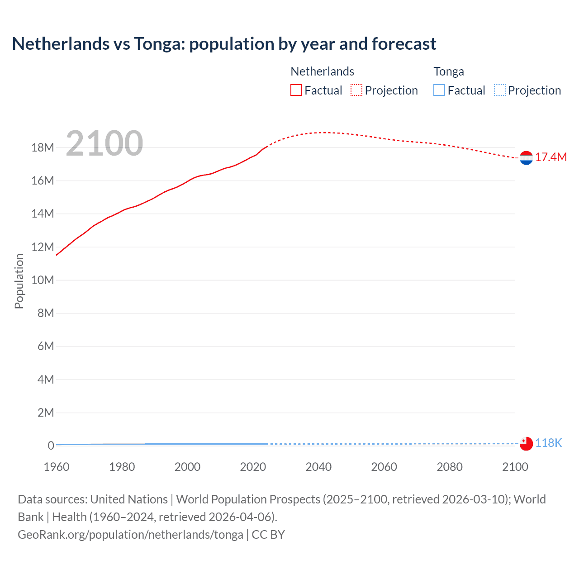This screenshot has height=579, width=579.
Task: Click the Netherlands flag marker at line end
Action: click(x=526, y=158)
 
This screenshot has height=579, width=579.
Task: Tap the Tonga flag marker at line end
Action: click(x=526, y=444)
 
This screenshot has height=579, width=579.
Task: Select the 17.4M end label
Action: click(x=551, y=157)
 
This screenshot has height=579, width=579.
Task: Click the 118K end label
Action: click(x=548, y=443)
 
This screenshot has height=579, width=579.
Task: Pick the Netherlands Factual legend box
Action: click(x=296, y=90)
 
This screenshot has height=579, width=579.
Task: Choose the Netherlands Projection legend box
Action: click(x=356, y=90)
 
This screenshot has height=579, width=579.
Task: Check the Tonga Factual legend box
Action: click(x=439, y=90)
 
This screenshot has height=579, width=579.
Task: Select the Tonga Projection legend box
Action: click(x=499, y=90)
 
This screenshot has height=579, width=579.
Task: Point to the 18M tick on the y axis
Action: click(x=43, y=147)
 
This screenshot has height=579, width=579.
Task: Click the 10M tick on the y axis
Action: click(x=43, y=280)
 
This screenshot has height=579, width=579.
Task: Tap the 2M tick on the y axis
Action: click(x=46, y=413)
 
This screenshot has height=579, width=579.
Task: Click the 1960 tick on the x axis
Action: click(x=57, y=467)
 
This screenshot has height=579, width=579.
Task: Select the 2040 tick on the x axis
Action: click(x=318, y=467)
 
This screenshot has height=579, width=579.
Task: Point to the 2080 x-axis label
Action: click(x=450, y=467)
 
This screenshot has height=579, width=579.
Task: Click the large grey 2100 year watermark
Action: click(x=104, y=143)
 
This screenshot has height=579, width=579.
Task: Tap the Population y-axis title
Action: click(x=19, y=281)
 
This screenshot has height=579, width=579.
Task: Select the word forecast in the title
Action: click(x=404, y=44)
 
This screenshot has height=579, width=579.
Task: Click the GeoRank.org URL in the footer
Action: click(x=130, y=535)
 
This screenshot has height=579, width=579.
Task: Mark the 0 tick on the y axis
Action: click(x=51, y=446)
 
